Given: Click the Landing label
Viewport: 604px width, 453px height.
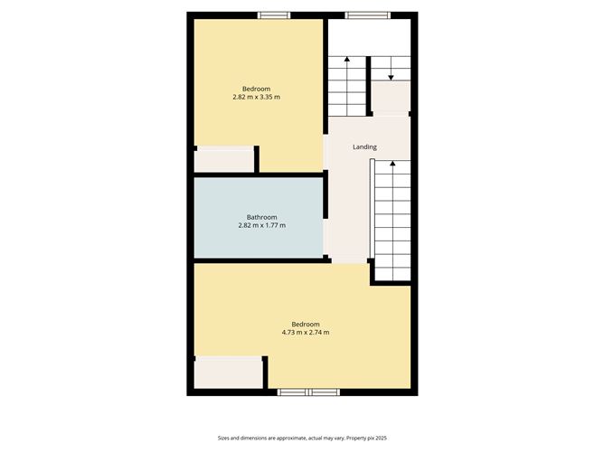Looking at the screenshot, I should click(364, 147).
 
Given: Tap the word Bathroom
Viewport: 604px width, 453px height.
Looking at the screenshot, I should click(261, 217).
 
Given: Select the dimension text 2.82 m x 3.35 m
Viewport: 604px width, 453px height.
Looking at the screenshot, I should click(256, 97).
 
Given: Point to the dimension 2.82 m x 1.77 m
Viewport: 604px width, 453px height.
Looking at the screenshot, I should click(261, 225).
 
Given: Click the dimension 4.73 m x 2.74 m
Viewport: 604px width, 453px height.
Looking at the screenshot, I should click(305, 333).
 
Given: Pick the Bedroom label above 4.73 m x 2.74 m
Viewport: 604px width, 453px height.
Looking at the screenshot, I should click(305, 325).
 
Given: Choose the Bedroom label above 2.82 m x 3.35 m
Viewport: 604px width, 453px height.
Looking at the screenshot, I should click(256, 89).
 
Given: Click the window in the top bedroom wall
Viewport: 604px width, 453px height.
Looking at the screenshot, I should click(273, 14).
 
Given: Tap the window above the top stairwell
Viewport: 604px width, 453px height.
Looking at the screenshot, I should click(367, 14).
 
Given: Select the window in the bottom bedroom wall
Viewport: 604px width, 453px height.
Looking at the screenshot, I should click(307, 392).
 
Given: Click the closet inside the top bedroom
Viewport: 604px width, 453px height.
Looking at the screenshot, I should click(224, 160).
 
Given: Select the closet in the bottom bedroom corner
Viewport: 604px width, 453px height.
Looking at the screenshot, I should click(228, 373).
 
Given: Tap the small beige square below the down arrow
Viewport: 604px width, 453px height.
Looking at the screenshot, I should click(391, 97).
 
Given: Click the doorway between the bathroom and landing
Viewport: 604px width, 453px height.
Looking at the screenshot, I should click(325, 218).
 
